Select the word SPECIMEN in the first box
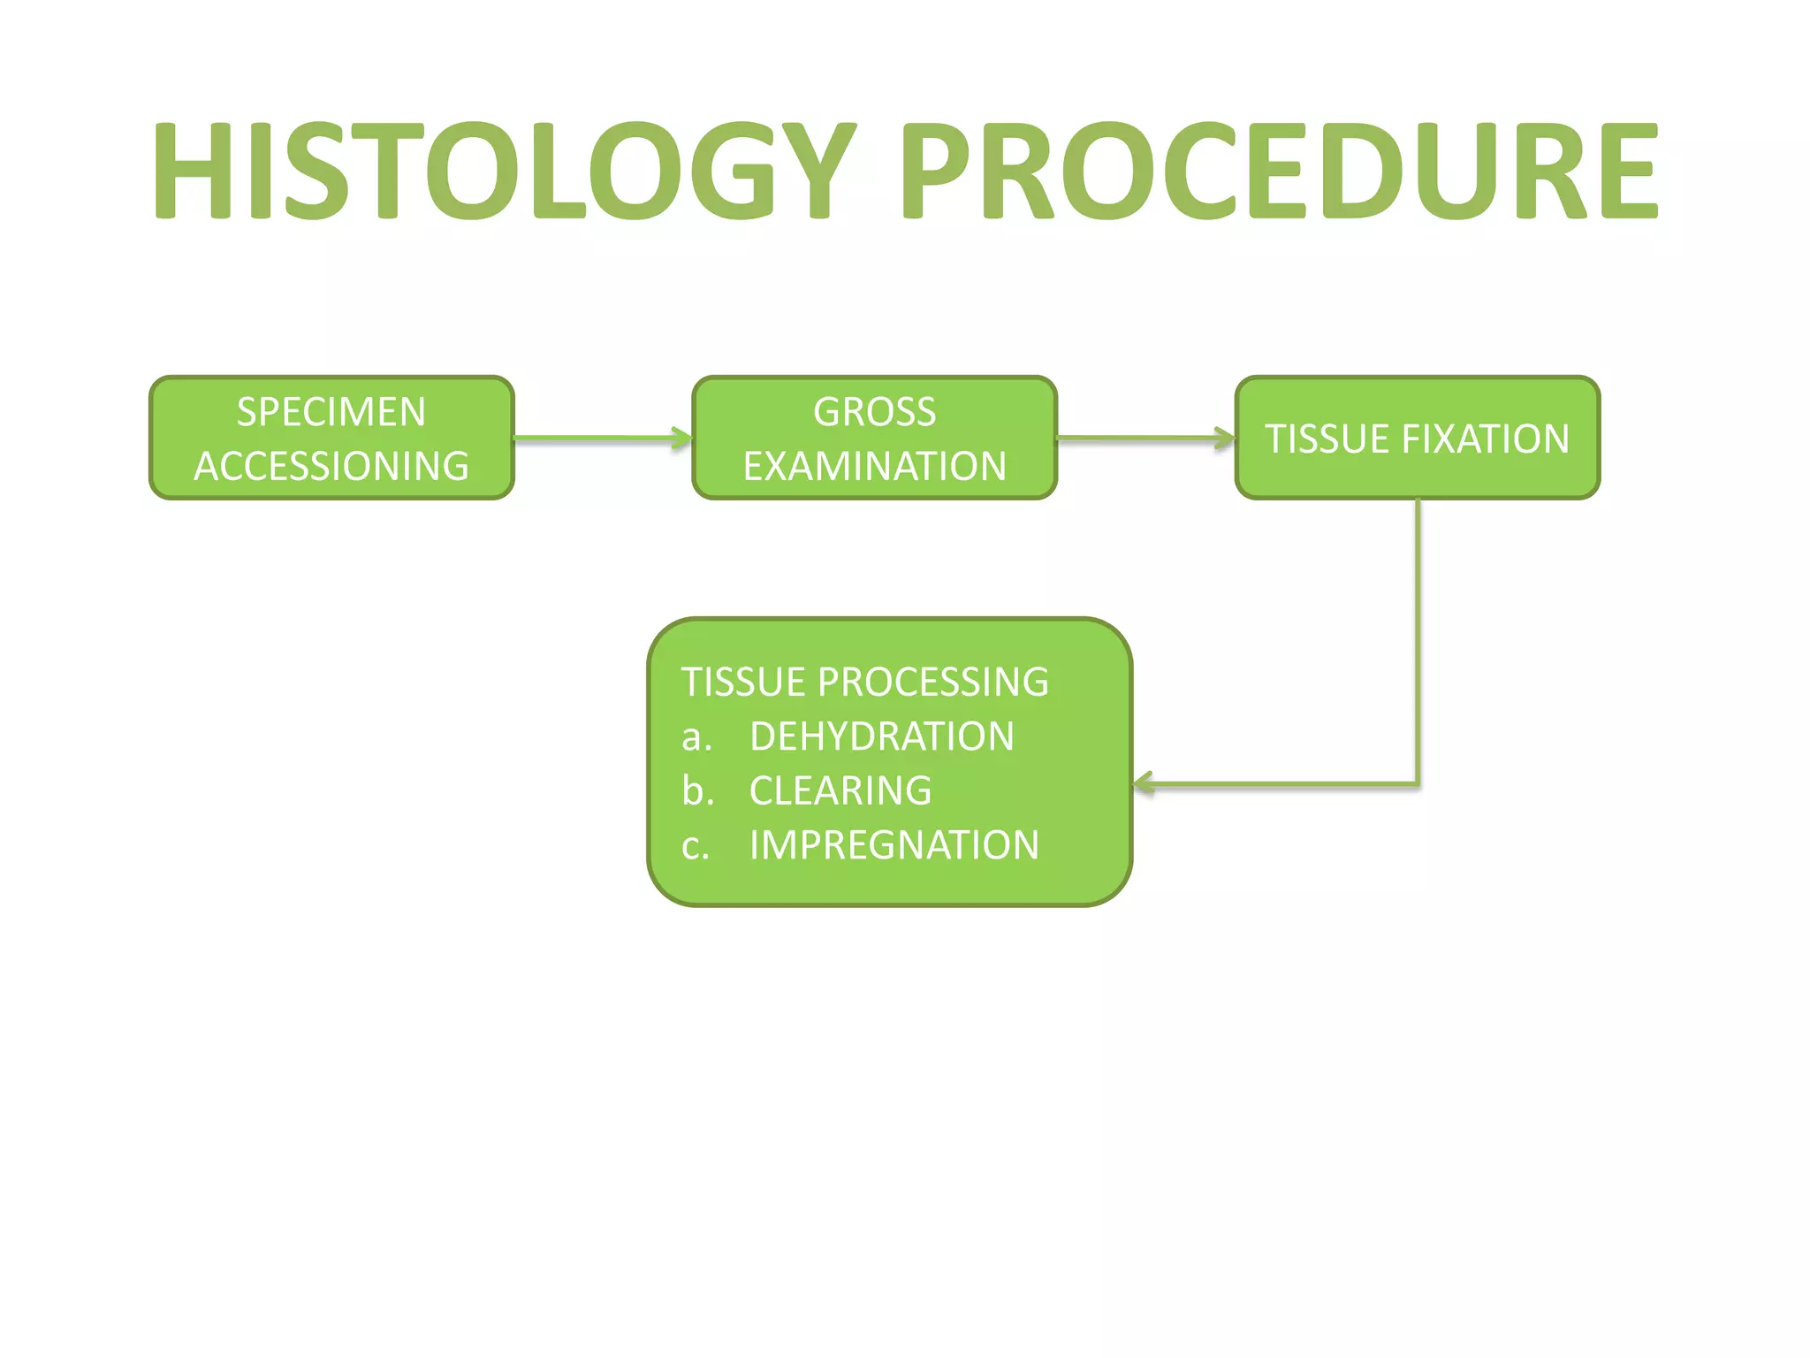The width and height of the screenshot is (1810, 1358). point(331,412)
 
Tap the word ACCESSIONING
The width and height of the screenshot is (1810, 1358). point(331,466)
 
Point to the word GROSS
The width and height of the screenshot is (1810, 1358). point(874,412)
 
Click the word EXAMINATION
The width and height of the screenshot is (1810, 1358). point(874,466)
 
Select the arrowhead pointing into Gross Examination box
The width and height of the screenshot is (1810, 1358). point(683,438)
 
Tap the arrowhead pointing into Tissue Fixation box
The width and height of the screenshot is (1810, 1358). point(1226,438)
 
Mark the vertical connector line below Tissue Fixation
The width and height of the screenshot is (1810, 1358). point(1418,637)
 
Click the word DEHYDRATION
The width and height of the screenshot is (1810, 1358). point(881,736)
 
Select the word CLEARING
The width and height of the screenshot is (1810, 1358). point(840,791)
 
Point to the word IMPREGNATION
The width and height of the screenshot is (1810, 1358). point(894,845)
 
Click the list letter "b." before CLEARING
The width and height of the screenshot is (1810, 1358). point(697,791)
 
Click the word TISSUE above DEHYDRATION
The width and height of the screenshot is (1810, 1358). point(743,683)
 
